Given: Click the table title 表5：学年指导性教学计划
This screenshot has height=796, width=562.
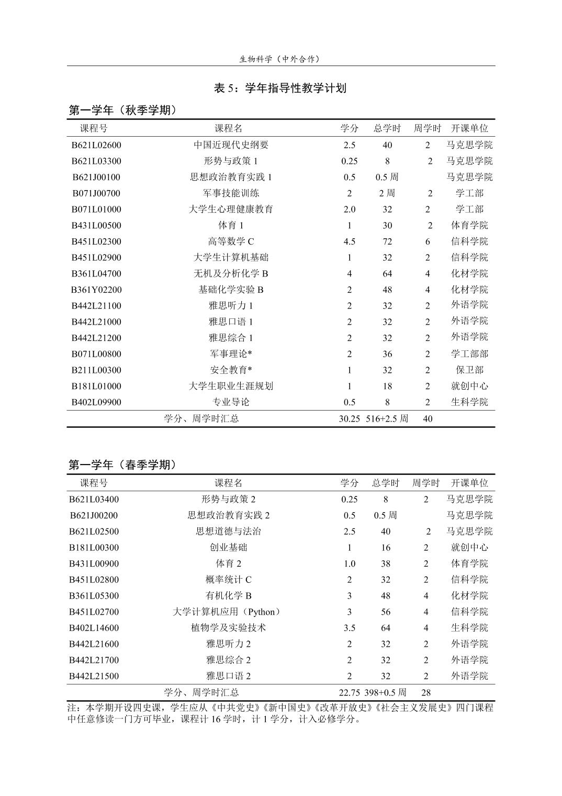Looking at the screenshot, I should (280, 88).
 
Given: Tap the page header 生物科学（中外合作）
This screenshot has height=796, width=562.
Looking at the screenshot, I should (280, 59).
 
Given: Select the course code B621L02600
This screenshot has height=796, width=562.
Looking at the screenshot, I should (96, 145).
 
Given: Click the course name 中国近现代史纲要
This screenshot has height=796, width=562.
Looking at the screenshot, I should (231, 145).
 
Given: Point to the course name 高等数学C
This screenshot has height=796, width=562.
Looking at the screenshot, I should (231, 241).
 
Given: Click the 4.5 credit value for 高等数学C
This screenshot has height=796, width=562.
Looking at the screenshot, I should (349, 241).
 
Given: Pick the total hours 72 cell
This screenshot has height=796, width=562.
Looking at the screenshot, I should (387, 241).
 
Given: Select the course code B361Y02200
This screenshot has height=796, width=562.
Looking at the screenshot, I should (96, 290).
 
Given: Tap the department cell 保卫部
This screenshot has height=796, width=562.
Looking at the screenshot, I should (469, 370).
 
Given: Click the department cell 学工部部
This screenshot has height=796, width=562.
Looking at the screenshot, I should (469, 354).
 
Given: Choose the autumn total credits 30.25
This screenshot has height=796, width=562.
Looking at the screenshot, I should (349, 418).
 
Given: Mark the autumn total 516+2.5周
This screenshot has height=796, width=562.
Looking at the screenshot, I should (387, 418).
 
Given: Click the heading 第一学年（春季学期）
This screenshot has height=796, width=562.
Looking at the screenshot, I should (123, 465).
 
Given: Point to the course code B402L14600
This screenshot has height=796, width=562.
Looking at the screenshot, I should (94, 628).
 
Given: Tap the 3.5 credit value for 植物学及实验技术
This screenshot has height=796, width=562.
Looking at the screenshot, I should (349, 628).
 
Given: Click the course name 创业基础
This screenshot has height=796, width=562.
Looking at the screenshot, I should (228, 547).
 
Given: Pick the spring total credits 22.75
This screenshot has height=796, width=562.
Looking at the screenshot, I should (349, 692).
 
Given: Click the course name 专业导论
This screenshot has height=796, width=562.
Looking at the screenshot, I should (231, 402).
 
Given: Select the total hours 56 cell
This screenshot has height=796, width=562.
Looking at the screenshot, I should (386, 612).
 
